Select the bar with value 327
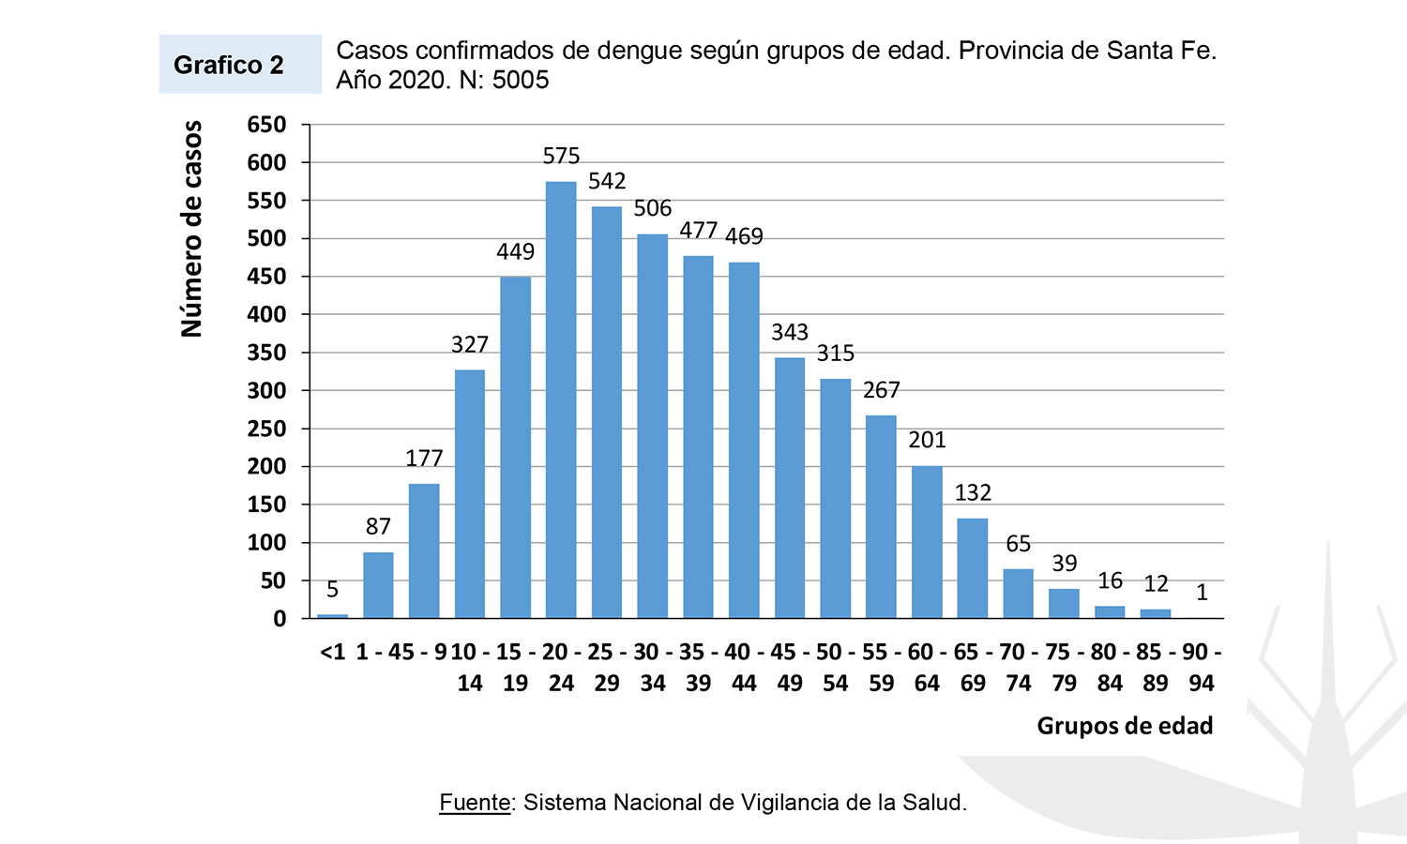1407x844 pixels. click(470, 493)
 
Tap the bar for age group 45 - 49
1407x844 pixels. click(790, 488)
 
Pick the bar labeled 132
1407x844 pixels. click(973, 568)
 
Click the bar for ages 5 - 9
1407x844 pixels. click(424, 551)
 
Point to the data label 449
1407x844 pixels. click(515, 251)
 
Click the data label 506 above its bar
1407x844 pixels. click(653, 208)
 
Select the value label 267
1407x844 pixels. click(881, 390)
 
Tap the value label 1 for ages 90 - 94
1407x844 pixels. click(1202, 593)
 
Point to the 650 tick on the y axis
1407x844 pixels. click(266, 125)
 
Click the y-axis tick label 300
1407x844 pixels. click(266, 391)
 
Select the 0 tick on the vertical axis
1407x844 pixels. click(280, 619)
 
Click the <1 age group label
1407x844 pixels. click(333, 653)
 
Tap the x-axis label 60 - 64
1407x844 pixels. click(927, 668)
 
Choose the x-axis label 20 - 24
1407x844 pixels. click(561, 668)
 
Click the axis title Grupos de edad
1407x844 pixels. click(1125, 726)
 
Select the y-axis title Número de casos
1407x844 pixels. click(192, 229)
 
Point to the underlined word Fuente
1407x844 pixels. click(476, 803)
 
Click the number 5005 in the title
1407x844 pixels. click(521, 80)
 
